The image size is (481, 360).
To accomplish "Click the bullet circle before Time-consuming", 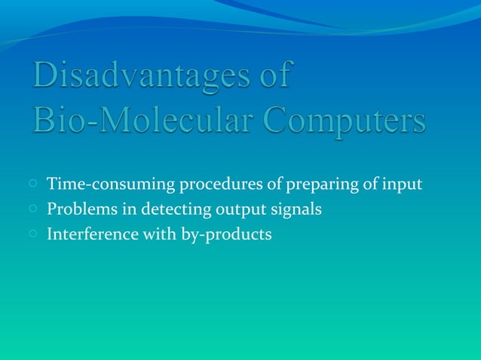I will [x=34, y=183].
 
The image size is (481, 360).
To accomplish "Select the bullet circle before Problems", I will [x=34, y=208].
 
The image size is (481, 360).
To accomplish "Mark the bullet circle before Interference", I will [x=34, y=233].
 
